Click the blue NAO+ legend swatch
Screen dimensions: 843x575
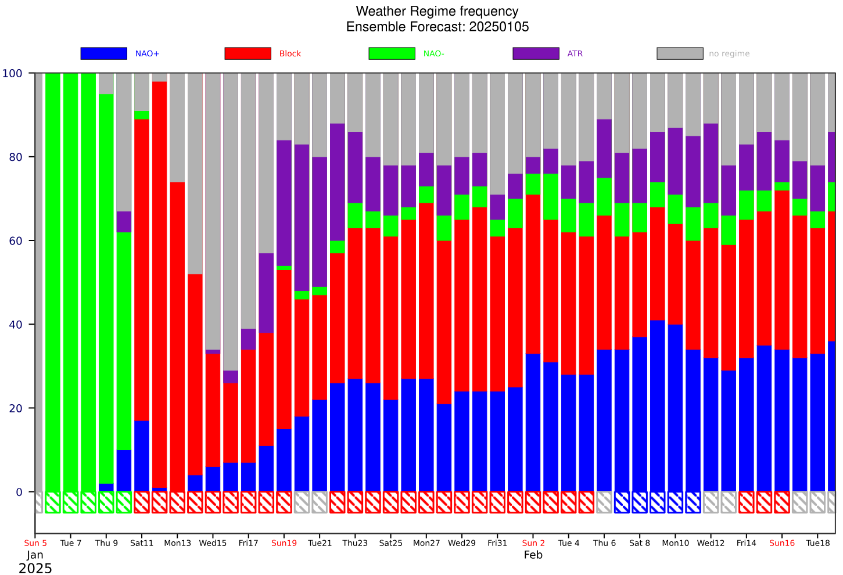tap(104, 53)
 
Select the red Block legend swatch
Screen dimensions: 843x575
tap(247, 53)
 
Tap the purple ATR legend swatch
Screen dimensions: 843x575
tap(536, 53)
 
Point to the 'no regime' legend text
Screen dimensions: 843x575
tap(729, 54)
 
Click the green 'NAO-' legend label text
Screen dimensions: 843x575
tap(433, 54)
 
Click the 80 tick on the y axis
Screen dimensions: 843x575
tap(16, 157)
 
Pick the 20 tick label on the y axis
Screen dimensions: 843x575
tap(16, 408)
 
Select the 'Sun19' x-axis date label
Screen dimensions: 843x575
tap(284, 543)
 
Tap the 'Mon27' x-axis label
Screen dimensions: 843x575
tap(426, 543)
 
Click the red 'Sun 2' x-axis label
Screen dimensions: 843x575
tap(533, 543)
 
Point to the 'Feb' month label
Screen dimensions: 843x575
tap(533, 555)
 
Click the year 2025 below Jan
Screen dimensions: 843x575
tap(35, 569)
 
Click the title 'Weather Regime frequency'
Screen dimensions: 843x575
tap(437, 11)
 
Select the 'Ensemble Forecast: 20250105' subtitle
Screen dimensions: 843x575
tap(437, 27)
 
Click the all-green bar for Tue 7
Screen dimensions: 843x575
tap(71, 282)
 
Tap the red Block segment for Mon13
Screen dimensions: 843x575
tap(177, 337)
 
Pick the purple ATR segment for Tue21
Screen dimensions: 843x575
tap(320, 222)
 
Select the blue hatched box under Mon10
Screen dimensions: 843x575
tap(675, 502)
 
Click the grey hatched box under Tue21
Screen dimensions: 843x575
tap(320, 502)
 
